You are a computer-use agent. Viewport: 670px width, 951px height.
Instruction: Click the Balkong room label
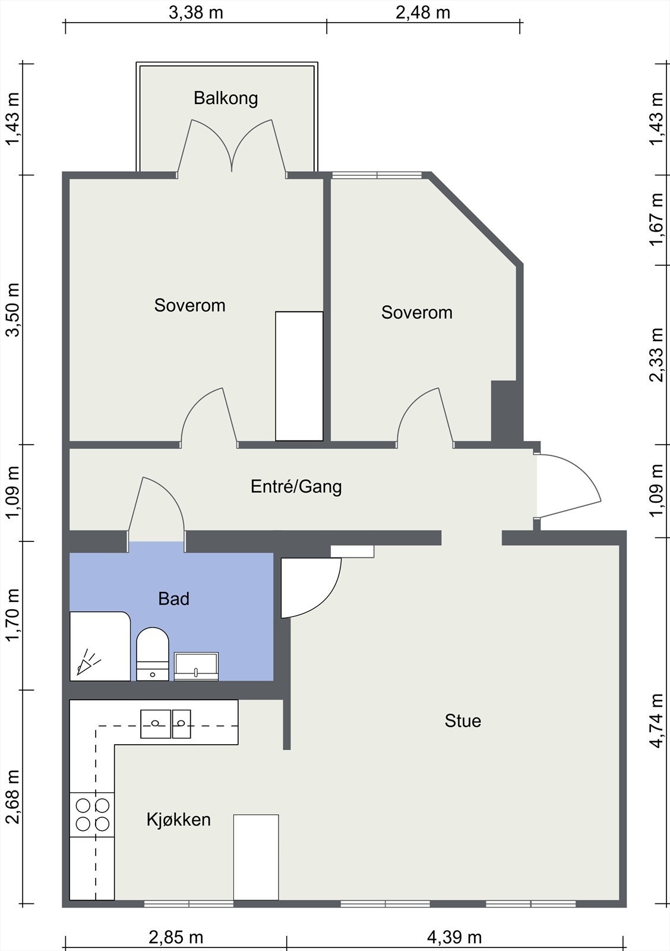226,98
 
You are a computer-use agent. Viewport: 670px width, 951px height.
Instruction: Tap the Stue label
463,721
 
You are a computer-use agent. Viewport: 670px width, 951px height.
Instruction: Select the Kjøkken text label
179,820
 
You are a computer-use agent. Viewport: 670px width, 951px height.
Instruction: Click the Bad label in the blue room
173,599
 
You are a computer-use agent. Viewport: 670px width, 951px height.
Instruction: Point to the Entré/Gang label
296,487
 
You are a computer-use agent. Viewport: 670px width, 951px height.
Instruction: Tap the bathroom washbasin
196,666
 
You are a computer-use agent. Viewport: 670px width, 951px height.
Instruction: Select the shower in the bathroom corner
99,647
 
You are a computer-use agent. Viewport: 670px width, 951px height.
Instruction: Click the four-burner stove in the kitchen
92,815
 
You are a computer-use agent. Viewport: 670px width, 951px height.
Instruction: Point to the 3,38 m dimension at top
196,12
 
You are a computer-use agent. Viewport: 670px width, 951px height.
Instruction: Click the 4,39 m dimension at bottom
454,937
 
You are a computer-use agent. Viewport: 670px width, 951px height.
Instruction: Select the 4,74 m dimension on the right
656,720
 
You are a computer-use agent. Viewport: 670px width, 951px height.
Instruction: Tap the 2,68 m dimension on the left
12,796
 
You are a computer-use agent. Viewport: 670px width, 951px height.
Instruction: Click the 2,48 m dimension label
423,12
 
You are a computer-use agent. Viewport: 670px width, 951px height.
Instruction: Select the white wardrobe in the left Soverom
299,376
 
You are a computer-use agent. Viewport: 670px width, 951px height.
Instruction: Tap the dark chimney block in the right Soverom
504,411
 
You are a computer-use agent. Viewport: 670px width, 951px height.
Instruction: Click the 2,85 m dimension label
176,937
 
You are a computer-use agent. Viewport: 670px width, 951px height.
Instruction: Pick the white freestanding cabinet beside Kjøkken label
256,856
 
